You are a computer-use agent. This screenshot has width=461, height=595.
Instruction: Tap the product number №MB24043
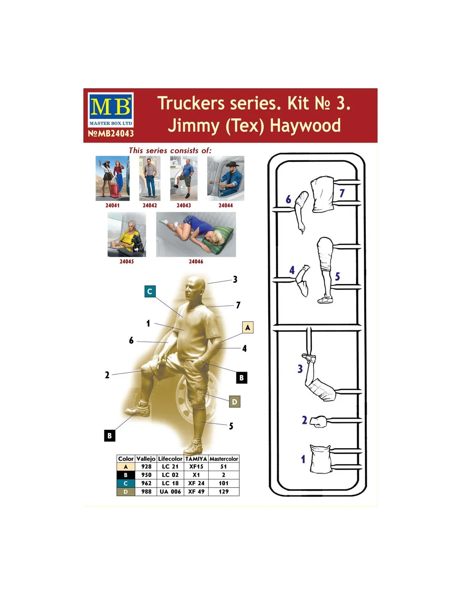pos(111,133)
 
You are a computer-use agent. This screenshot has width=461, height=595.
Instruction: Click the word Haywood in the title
pos(305,126)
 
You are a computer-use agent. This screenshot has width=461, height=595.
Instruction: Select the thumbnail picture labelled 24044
pos(226,178)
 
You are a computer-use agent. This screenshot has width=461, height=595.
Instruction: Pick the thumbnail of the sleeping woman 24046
pos(196,235)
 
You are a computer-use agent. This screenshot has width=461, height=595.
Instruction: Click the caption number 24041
pos(112,205)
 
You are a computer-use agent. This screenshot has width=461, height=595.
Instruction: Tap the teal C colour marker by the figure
pos(150,291)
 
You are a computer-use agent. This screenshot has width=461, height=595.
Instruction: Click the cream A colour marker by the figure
pos(248,328)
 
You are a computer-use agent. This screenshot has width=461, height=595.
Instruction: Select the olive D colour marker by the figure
pos(234,402)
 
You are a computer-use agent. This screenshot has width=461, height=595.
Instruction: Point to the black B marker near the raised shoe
pos(110,436)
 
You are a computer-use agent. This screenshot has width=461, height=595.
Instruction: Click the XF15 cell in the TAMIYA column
pos(196,467)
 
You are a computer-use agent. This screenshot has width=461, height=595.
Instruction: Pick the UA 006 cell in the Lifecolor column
pos(170,492)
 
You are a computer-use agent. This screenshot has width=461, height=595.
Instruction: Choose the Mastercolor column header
pos(224,459)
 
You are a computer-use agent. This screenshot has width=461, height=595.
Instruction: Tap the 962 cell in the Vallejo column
pos(146,483)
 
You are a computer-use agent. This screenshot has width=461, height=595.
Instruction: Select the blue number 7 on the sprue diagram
pos(342,193)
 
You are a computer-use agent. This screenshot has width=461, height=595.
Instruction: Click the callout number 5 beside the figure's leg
pos(231,426)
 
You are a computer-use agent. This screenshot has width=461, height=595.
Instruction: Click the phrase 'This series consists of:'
pos(170,151)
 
